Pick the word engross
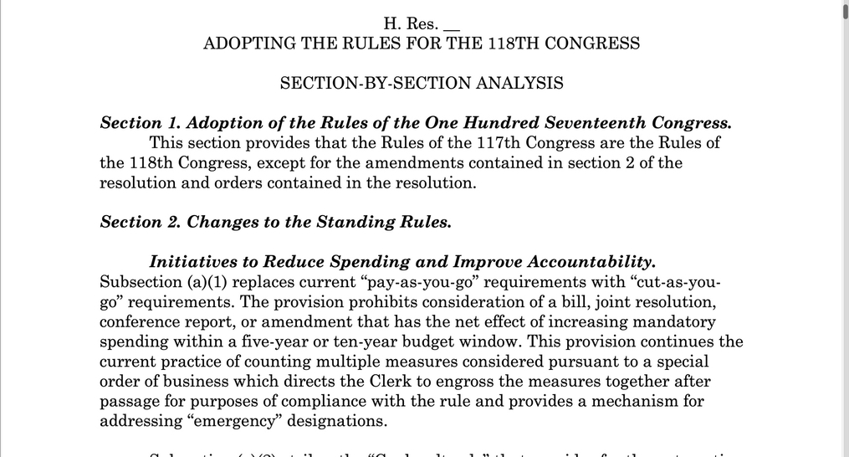click(453, 382)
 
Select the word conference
click(137, 321)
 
